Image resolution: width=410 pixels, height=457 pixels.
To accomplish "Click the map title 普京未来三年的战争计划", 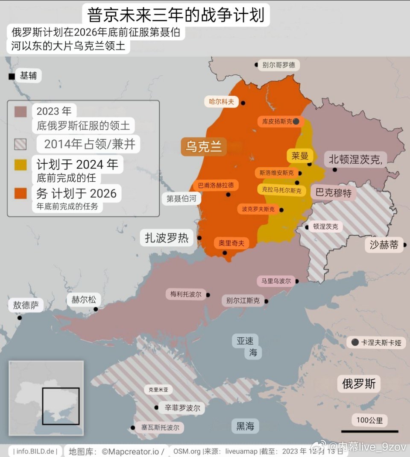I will pos(176,15).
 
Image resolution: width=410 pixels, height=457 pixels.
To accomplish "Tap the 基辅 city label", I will pos(29,76).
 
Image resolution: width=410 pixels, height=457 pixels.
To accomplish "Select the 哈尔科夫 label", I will pos(221,102).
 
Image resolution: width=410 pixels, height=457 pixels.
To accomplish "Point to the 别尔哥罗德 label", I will pos(278,65).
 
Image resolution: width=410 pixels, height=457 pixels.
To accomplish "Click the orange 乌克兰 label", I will pos(204,147).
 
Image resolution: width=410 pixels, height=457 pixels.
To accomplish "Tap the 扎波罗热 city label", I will pos(167,238).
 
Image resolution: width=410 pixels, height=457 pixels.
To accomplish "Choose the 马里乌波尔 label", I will pos(276,281).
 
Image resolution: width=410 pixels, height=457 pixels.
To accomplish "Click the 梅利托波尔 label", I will pos(185,294).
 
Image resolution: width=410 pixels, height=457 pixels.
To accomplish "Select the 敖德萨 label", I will pos(26,305).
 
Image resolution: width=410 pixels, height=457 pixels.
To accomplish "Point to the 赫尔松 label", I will pos(84,300).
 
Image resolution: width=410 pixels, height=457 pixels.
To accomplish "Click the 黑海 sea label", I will pos(245,426).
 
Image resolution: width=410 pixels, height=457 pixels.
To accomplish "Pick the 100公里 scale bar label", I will pos(369,420).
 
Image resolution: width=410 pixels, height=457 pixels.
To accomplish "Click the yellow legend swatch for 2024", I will pos(20,165).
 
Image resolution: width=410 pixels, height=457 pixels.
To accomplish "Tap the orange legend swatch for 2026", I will pos(20,193).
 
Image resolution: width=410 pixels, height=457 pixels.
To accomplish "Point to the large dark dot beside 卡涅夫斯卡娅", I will pos(355,342).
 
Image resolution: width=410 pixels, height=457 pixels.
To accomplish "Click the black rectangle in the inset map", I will pos(61,406).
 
